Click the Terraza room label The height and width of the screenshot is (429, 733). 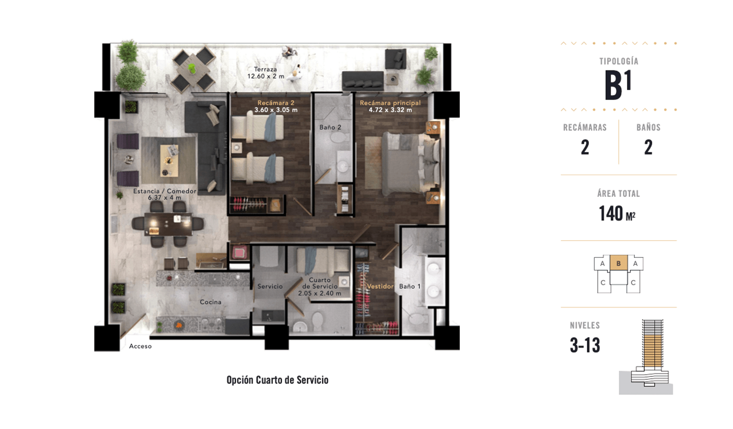tap(265, 69)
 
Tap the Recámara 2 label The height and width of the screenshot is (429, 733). tap(276, 103)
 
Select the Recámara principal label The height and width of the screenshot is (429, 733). tap(390, 103)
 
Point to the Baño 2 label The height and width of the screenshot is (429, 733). tap(330, 127)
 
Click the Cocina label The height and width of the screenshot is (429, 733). tap(210, 302)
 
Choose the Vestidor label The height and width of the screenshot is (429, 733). tap(380, 287)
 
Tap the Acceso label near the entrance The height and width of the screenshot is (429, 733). tap(140, 346)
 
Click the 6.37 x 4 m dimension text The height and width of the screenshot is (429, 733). tap(164, 197)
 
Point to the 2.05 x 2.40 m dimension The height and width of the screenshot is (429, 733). tap(319, 293)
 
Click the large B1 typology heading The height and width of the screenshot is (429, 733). tap(618, 85)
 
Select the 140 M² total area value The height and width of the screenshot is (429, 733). tap(617, 214)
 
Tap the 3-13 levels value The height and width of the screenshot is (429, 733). tap(585, 345)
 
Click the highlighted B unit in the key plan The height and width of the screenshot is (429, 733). tap(618, 263)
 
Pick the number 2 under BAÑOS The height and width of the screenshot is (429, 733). tap(648, 147)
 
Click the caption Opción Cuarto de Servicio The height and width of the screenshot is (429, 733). tap(277, 380)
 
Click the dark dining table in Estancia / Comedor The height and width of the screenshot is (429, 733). tap(168, 224)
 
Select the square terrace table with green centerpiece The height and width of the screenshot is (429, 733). tap(194, 69)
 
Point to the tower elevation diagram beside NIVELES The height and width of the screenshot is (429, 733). tap(646, 357)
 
